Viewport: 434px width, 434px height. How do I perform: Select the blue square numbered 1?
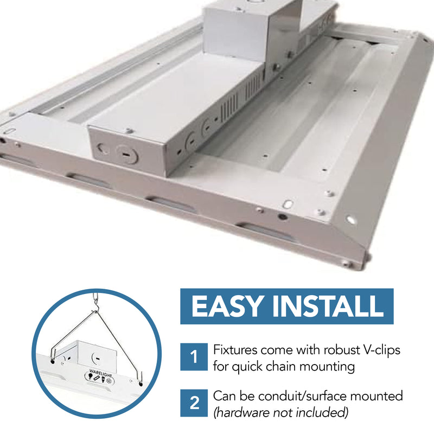pos(193,358)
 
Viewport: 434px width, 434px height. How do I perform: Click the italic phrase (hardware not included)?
pos(280,413)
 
